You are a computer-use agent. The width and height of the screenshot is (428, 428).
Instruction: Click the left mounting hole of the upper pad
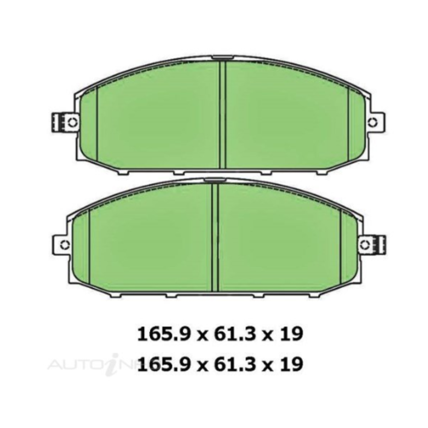(x=71, y=121)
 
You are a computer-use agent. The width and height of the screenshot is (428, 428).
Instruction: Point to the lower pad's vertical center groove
(x=215, y=238)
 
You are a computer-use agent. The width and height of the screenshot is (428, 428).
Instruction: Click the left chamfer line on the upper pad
(x=98, y=124)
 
